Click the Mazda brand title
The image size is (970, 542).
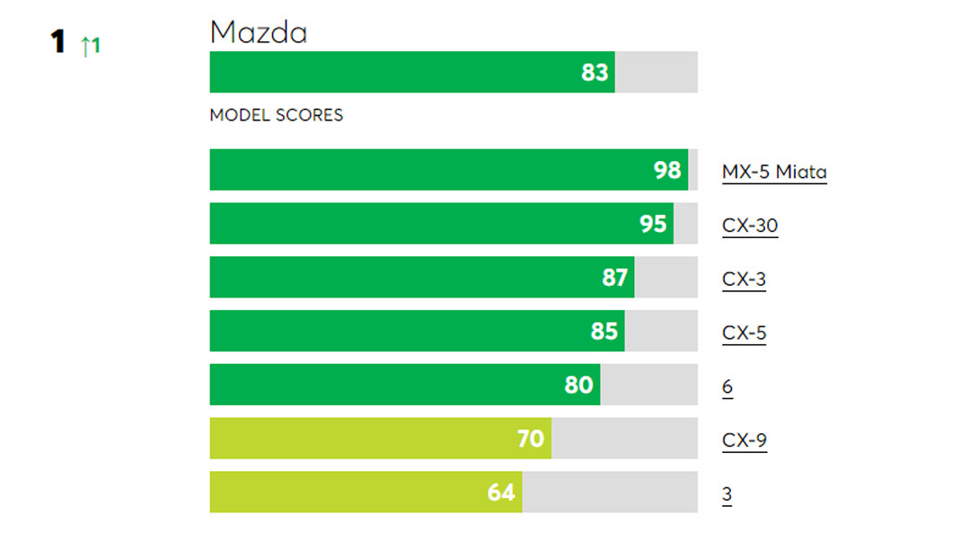point(259,33)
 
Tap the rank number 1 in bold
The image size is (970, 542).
point(58,42)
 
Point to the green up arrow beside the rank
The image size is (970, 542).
point(85,46)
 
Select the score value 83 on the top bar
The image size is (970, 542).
point(595,73)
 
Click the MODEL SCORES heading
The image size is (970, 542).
point(276,116)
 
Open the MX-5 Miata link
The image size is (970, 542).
point(773,171)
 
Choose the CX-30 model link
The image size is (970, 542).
point(749,225)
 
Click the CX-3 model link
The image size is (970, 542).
point(744,279)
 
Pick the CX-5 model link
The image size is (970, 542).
point(744,333)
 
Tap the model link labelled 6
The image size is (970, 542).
point(727,387)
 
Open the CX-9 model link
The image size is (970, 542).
point(744,440)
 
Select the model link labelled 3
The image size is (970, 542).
point(727,494)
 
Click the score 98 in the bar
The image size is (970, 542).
point(667,170)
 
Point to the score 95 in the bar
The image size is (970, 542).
point(653,224)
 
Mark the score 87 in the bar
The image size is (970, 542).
point(614,278)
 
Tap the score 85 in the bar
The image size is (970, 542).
point(604,332)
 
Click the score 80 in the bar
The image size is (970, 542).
point(579,386)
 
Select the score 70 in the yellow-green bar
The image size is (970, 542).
point(531,439)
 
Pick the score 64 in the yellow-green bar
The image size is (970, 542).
point(501,493)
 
